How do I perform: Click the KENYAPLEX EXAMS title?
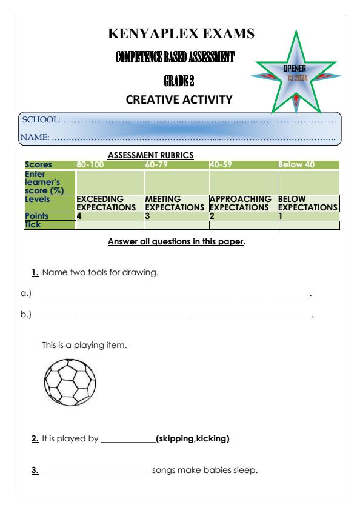click(x=181, y=35)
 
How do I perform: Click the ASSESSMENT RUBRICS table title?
click(x=150, y=155)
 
